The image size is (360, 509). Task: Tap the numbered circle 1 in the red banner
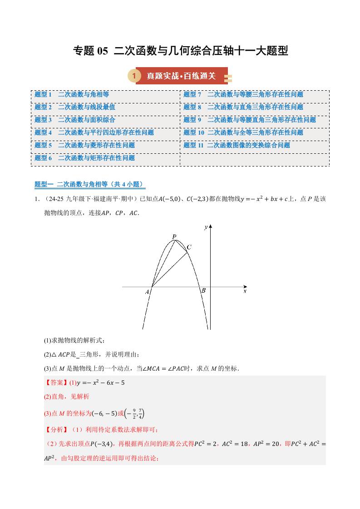click(133, 76)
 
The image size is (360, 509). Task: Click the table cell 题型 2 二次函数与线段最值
click(75, 108)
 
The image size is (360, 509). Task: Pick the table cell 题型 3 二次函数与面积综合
click(75, 120)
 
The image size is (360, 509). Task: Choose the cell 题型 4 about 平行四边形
click(94, 133)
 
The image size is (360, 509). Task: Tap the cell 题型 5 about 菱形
click(85, 146)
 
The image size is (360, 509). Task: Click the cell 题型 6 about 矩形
click(85, 158)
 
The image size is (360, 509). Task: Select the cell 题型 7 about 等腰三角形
click(243, 95)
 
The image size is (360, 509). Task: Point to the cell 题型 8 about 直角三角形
click(243, 108)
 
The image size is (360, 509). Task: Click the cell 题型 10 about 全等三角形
click(243, 133)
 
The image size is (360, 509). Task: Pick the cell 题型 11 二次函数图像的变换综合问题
click(237, 146)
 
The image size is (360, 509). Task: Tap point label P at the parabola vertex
click(174, 236)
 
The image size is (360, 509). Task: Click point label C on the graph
click(189, 247)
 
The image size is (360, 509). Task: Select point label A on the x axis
click(147, 293)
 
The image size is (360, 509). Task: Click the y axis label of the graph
click(206, 226)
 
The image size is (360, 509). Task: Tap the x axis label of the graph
click(245, 291)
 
